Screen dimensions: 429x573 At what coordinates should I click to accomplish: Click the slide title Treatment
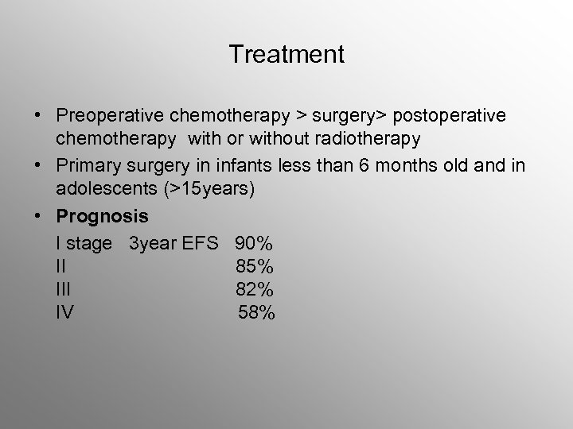pyautogui.click(x=286, y=55)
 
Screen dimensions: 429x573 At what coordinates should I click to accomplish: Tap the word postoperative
pyautogui.click(x=454, y=117)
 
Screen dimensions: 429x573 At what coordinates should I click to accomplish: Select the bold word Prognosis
pyautogui.click(x=103, y=217)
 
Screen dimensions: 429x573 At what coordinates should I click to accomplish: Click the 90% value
pyautogui.click(x=255, y=242)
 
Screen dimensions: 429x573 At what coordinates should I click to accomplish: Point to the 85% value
pyautogui.click(x=255, y=265)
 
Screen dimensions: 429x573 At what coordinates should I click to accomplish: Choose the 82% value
pyautogui.click(x=255, y=288)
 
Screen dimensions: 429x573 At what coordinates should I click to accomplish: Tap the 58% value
pyautogui.click(x=257, y=312)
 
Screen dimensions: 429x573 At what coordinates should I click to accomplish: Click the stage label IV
pyautogui.click(x=65, y=312)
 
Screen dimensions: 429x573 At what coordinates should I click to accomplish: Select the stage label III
pyautogui.click(x=64, y=288)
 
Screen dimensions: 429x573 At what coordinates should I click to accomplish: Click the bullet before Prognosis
pyautogui.click(x=38, y=217)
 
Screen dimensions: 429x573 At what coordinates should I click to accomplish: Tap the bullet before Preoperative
pyautogui.click(x=38, y=117)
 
